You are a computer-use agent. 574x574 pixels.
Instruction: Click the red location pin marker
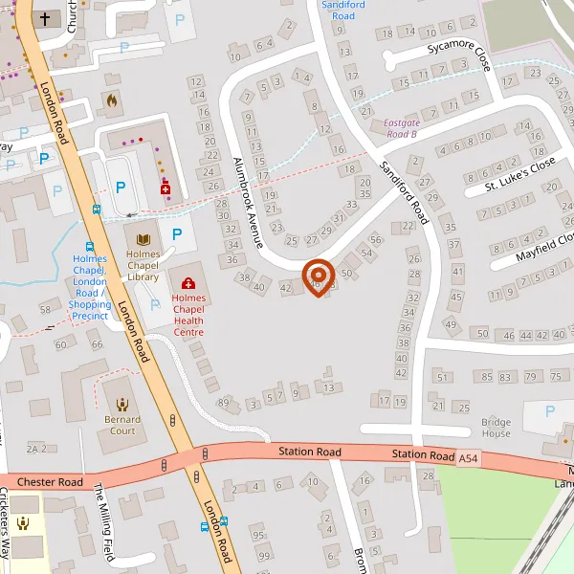tap(318, 276)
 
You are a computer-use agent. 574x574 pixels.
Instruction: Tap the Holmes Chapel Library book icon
tap(144, 238)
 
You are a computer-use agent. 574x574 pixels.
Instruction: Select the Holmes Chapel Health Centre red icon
tap(188, 283)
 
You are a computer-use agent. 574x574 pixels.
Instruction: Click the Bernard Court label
tap(122, 425)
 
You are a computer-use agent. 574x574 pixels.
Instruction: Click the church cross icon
tap(44, 18)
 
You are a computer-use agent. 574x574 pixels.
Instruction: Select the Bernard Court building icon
tap(122, 406)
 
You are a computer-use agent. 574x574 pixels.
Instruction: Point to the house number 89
tap(224, 404)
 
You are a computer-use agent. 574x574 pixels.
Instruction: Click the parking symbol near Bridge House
tap(549, 410)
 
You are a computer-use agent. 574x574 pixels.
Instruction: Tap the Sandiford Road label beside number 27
tap(406, 186)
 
